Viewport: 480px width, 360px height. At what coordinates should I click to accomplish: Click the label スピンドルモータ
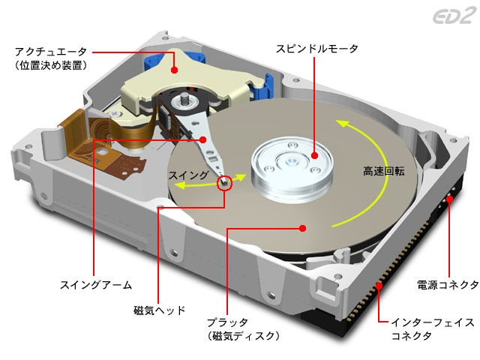coord(317,49)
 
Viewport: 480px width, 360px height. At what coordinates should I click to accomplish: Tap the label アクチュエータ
coord(51,52)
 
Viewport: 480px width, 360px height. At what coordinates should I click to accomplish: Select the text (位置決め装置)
coord(51,65)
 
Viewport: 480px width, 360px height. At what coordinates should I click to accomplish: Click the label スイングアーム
coord(96,285)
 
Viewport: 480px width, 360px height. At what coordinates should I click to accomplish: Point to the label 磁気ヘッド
coord(160,310)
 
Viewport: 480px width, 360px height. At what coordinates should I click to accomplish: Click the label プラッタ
coord(227,322)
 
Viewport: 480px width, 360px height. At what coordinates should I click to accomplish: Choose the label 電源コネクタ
coord(448,285)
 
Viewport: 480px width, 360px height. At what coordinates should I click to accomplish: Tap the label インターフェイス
coord(433,322)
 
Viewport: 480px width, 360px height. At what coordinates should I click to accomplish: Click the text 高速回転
coord(384,171)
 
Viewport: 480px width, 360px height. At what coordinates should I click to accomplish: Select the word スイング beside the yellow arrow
coord(189,175)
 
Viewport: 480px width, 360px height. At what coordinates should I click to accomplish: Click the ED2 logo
coord(455,16)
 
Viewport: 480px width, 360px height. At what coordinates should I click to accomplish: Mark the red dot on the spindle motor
coord(314,155)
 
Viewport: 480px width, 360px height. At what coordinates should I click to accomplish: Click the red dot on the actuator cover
coord(175,70)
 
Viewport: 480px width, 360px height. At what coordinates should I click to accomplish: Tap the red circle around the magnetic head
coord(225,183)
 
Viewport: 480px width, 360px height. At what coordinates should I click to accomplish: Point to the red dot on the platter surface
coord(303,228)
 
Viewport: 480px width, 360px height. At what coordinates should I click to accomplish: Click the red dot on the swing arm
coord(202,140)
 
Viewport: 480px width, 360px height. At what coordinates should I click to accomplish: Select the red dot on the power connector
coord(449,199)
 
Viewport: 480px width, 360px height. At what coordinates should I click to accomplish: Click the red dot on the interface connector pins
coord(379,286)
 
